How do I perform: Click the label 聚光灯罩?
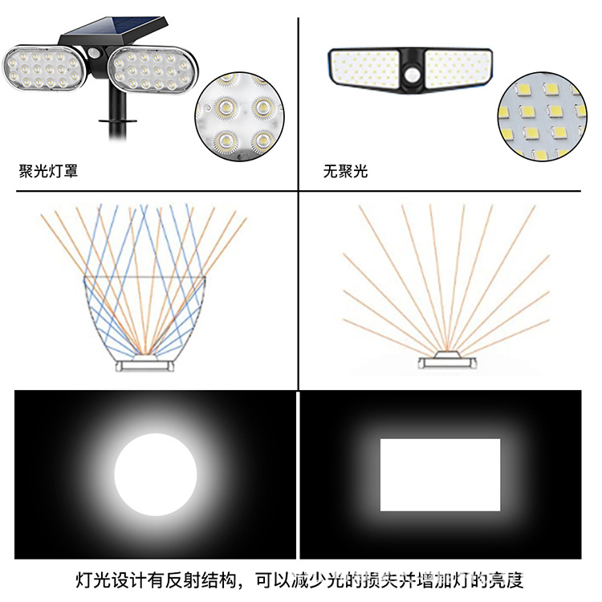click(48, 171)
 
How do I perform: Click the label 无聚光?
click(345, 171)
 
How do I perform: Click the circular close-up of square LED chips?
click(542, 116)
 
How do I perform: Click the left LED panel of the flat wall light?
click(365, 66)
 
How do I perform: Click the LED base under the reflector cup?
click(144, 364)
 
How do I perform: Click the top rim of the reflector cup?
click(145, 279)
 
